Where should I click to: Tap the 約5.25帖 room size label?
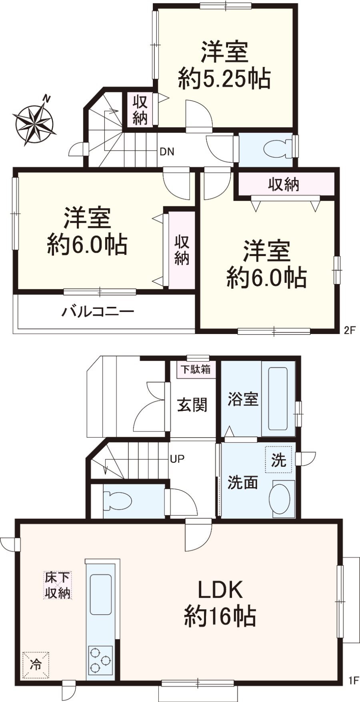click(x=224, y=79)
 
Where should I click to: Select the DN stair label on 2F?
click(x=167, y=152)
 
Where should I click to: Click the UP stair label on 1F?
click(x=177, y=459)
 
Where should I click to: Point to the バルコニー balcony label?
click(x=98, y=312)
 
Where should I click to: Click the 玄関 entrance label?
click(x=192, y=405)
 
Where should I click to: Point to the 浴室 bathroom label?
click(x=243, y=399)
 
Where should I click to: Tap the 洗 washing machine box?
click(x=279, y=460)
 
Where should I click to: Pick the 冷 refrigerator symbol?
click(x=36, y=665)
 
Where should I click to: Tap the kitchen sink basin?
click(x=100, y=594)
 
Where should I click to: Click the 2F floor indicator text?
click(x=350, y=331)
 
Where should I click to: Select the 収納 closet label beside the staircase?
click(x=140, y=110)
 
